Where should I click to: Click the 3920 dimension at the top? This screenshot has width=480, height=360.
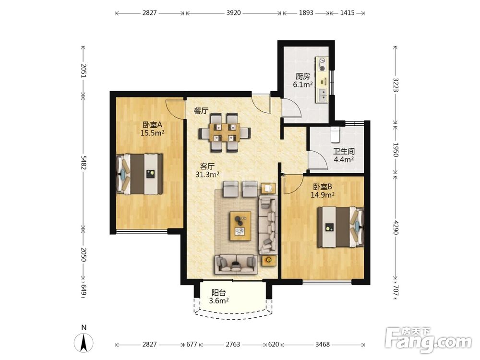[x=234, y=13]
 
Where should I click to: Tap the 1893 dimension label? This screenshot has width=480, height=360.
[x=306, y=13]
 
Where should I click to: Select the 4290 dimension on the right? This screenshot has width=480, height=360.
[x=396, y=228]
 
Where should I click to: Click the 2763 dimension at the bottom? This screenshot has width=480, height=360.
[x=233, y=344]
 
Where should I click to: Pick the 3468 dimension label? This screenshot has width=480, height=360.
[x=323, y=344]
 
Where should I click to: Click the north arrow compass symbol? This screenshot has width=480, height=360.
[x=84, y=340]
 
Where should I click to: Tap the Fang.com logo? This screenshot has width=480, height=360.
[x=428, y=339]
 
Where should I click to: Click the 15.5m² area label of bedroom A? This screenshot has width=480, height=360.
[x=153, y=133]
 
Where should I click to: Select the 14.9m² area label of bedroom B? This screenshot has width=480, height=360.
[x=323, y=195]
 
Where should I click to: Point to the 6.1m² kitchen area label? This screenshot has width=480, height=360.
[x=303, y=84]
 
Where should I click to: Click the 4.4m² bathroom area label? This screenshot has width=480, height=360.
[x=344, y=159]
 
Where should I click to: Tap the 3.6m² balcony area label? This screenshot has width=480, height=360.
[x=219, y=300]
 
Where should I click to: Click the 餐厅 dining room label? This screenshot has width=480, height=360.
[x=201, y=111]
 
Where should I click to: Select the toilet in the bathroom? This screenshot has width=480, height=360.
[x=336, y=134]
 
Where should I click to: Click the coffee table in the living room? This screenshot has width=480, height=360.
[x=240, y=226]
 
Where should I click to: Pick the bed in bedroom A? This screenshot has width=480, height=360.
[x=140, y=174]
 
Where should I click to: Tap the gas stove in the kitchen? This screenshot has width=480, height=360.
[x=322, y=64]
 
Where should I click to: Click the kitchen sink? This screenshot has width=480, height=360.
[x=322, y=95]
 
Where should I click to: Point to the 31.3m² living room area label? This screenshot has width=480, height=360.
[x=207, y=175]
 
